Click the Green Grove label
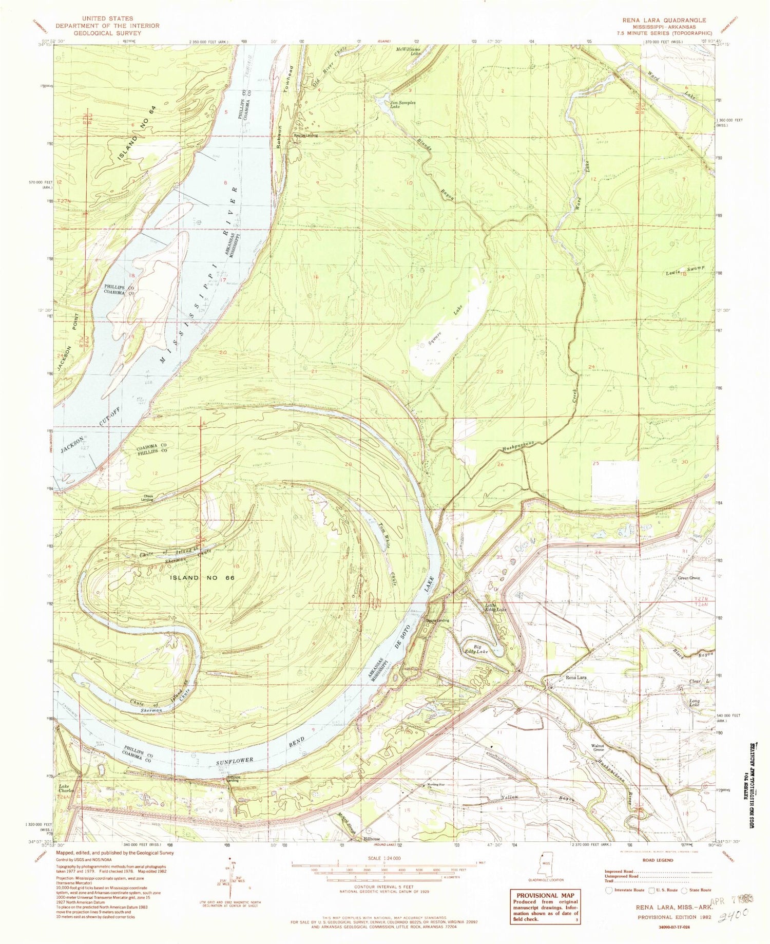point(689,578)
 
